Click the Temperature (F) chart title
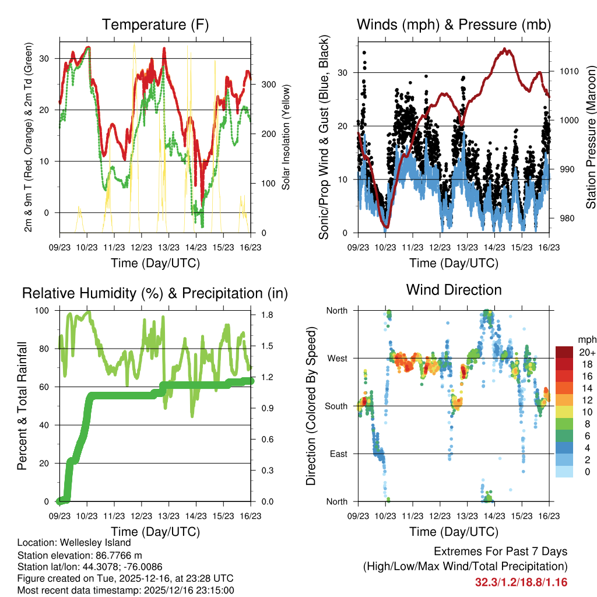tap(155, 24)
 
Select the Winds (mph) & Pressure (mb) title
tap(454, 24)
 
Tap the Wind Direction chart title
tap(454, 290)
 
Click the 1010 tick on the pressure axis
tap(568, 72)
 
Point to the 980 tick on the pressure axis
tap(566, 219)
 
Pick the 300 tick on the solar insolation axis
tap(268, 84)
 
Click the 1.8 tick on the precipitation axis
tap(268, 315)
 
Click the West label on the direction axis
tap(336, 358)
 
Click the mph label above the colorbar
tap(586, 339)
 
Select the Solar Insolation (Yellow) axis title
tap(286, 137)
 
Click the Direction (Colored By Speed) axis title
tap(311, 406)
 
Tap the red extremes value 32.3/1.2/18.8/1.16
tap(521, 582)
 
